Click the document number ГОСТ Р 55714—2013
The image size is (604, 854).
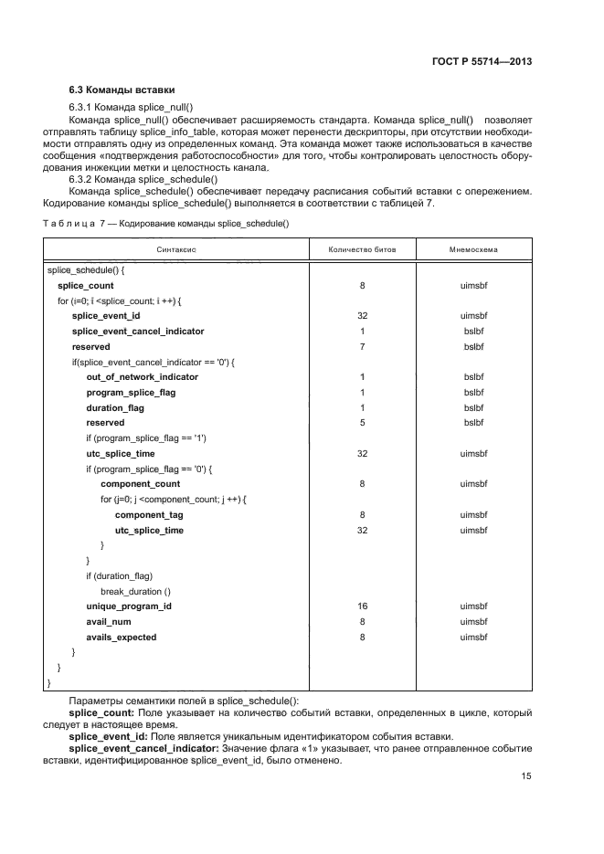(482, 62)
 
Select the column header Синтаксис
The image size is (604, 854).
(177, 249)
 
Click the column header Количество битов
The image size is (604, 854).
(362, 249)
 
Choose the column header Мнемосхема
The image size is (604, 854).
(473, 249)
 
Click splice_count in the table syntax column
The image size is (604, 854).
(86, 286)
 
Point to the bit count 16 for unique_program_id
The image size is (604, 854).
(362, 606)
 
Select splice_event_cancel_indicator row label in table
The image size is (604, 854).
(138, 332)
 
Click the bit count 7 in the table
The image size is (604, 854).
(362, 347)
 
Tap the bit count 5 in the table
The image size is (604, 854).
(362, 423)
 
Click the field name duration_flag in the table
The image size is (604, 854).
(116, 407)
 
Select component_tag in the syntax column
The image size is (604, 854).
(149, 515)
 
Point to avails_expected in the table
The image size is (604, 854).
(122, 637)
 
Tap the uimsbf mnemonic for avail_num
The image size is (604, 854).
(473, 622)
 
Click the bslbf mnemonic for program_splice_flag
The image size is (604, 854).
(473, 393)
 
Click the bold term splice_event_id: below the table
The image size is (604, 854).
(109, 736)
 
